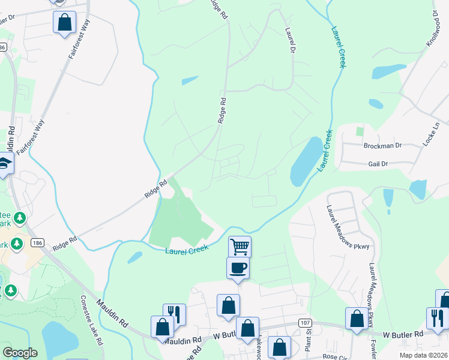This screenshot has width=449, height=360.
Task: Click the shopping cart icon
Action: tap(240, 246)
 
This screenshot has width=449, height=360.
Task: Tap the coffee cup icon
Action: tap(238, 268)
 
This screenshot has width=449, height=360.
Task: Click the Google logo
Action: tap(20, 353)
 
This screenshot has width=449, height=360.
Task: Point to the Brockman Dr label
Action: tap(381, 146)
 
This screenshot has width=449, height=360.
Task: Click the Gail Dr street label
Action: tap(378, 163)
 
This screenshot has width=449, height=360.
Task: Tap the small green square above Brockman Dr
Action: tap(360, 131)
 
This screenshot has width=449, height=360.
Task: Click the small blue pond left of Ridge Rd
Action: tap(189, 80)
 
